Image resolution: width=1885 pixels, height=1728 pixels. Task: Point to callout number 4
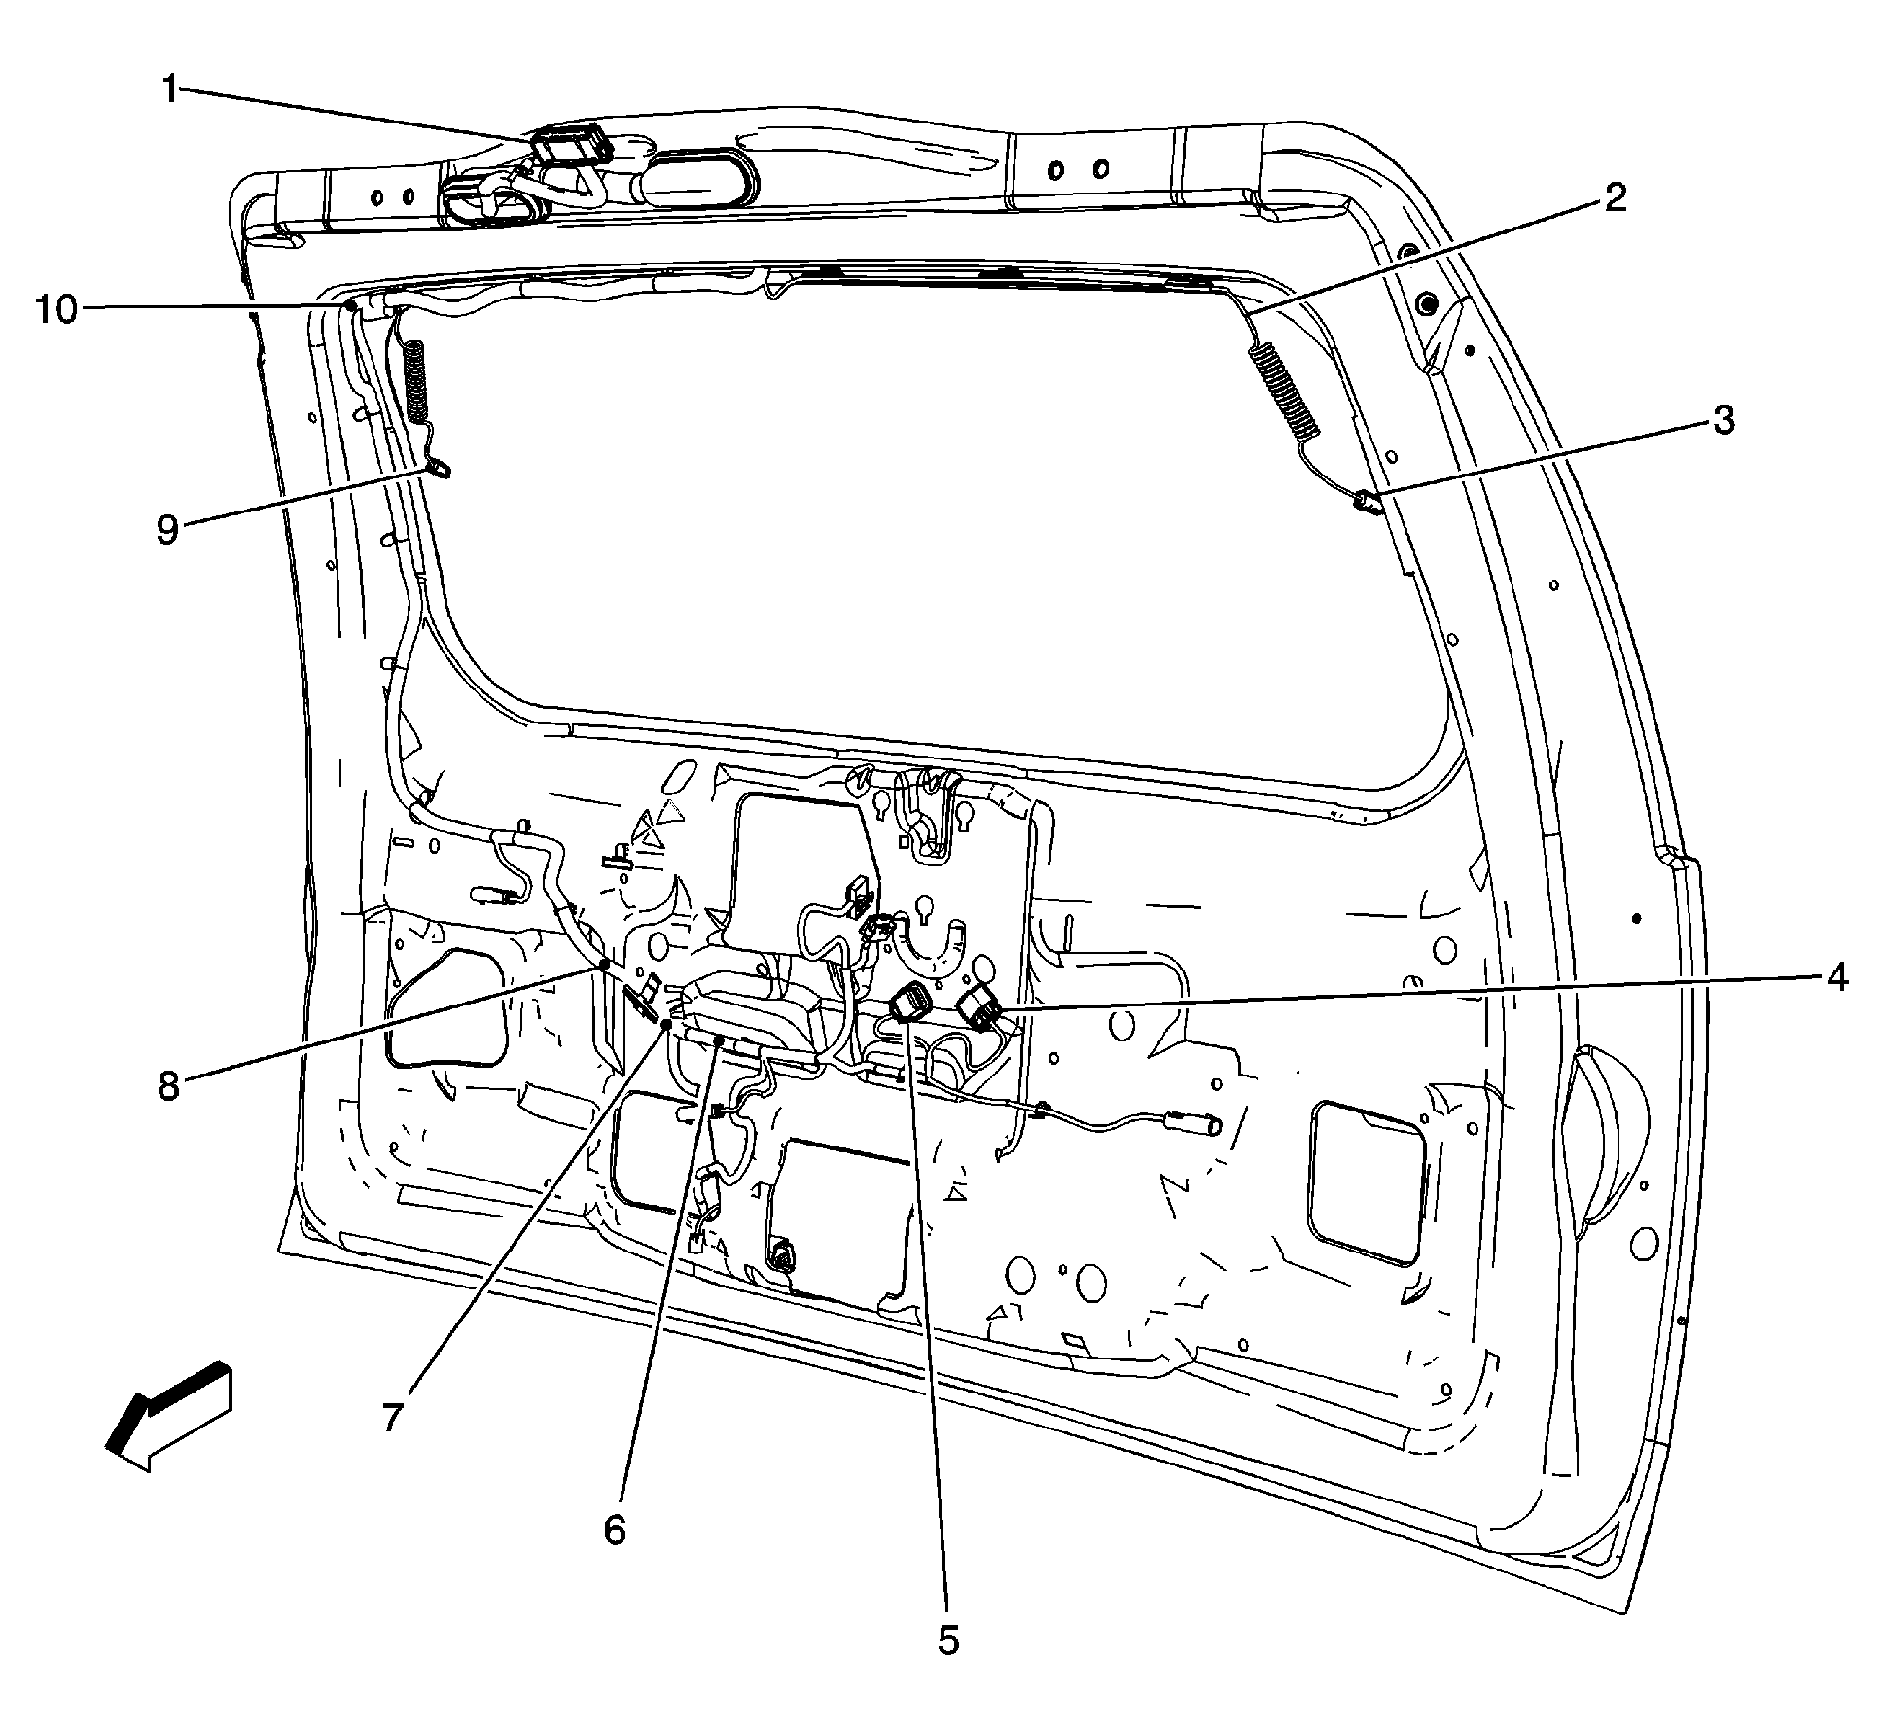1834,977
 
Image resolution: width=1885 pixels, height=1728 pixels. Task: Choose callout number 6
614,1529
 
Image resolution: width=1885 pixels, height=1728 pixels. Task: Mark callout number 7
392,1417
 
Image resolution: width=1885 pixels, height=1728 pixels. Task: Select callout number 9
168,530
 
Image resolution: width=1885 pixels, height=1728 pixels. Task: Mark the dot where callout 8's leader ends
604,964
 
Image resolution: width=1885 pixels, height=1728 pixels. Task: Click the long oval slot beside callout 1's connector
698,178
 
